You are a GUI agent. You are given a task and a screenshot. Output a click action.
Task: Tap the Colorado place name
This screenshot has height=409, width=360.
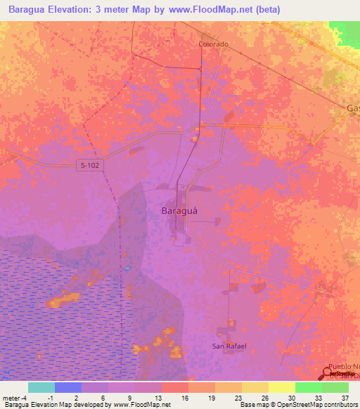click(x=212, y=44)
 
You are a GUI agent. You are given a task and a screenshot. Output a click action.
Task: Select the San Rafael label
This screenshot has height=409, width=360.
click(x=229, y=346)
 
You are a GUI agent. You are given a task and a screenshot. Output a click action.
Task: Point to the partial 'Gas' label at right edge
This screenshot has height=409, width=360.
click(x=352, y=108)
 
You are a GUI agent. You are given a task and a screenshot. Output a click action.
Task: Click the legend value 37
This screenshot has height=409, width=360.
click(x=344, y=397)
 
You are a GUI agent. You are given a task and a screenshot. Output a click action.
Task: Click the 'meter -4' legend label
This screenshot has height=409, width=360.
click(x=15, y=397)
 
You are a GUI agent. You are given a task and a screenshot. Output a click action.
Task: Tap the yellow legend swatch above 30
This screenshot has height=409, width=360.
click(x=282, y=387)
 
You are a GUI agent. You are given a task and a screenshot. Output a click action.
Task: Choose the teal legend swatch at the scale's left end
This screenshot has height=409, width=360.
click(x=41, y=387)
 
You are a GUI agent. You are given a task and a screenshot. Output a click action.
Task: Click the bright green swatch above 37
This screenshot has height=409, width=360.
click(x=335, y=387)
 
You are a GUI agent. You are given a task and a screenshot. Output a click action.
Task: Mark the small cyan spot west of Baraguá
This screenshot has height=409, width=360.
click(x=127, y=268)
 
